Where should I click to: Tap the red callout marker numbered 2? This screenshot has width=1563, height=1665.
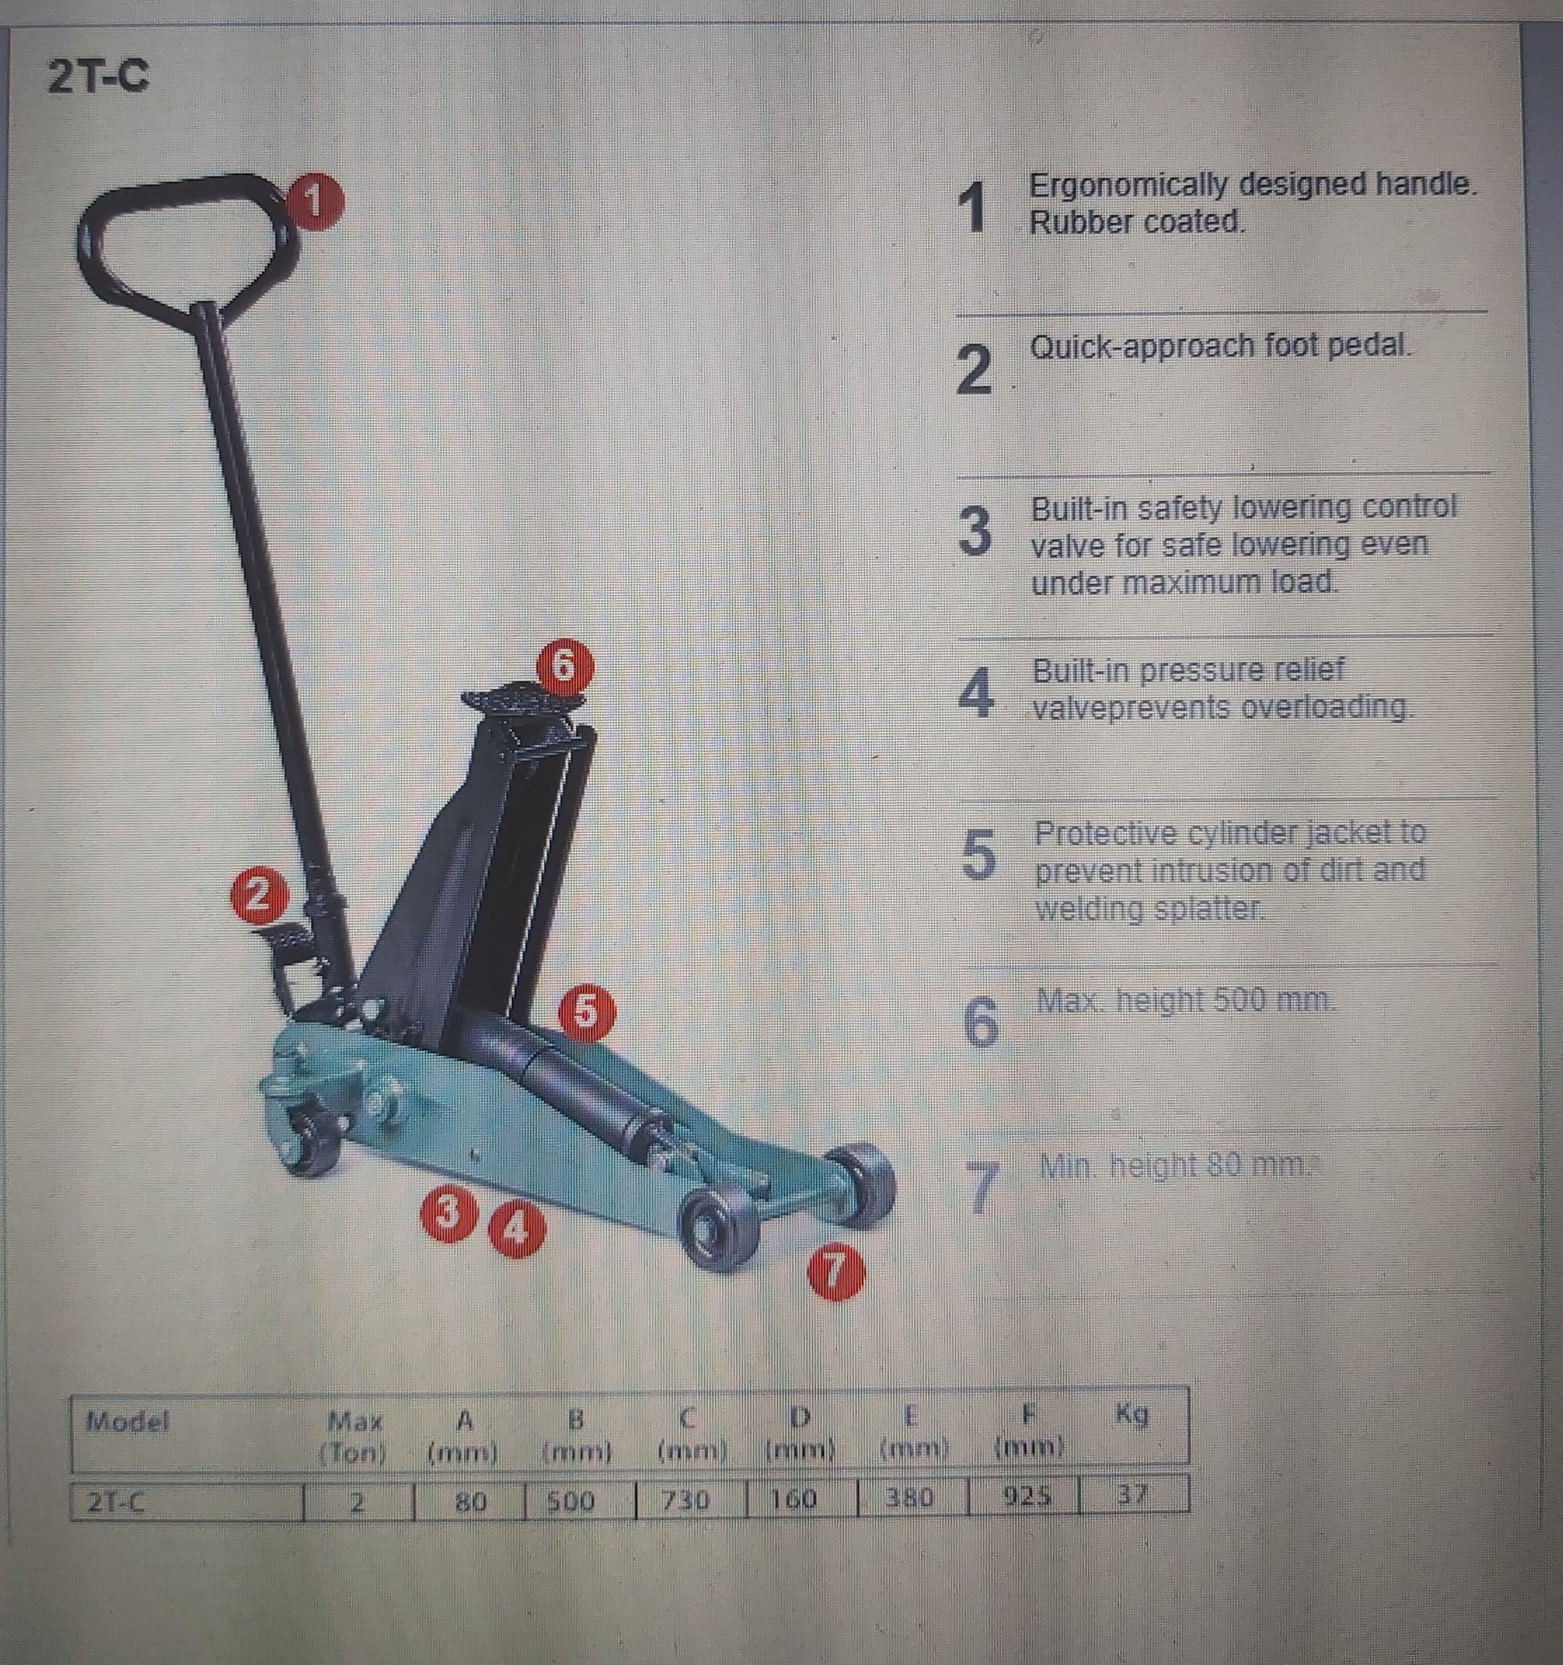pyautogui.click(x=259, y=895)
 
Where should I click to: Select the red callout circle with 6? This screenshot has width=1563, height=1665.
pyautogui.click(x=564, y=666)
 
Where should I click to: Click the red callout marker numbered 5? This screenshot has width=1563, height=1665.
pyautogui.click(x=586, y=1011)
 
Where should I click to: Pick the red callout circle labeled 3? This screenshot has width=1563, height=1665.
pyautogui.click(x=449, y=1213)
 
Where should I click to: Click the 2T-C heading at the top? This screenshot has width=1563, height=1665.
pyautogui.click(x=98, y=77)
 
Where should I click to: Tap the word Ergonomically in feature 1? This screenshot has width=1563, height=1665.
pyautogui.click(x=1128, y=184)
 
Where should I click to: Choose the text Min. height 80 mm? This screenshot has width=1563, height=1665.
pyautogui.click(x=1173, y=1165)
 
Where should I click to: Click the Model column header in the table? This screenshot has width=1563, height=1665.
pyautogui.click(x=127, y=1420)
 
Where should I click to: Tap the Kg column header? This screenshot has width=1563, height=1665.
pyautogui.click(x=1132, y=1414)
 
